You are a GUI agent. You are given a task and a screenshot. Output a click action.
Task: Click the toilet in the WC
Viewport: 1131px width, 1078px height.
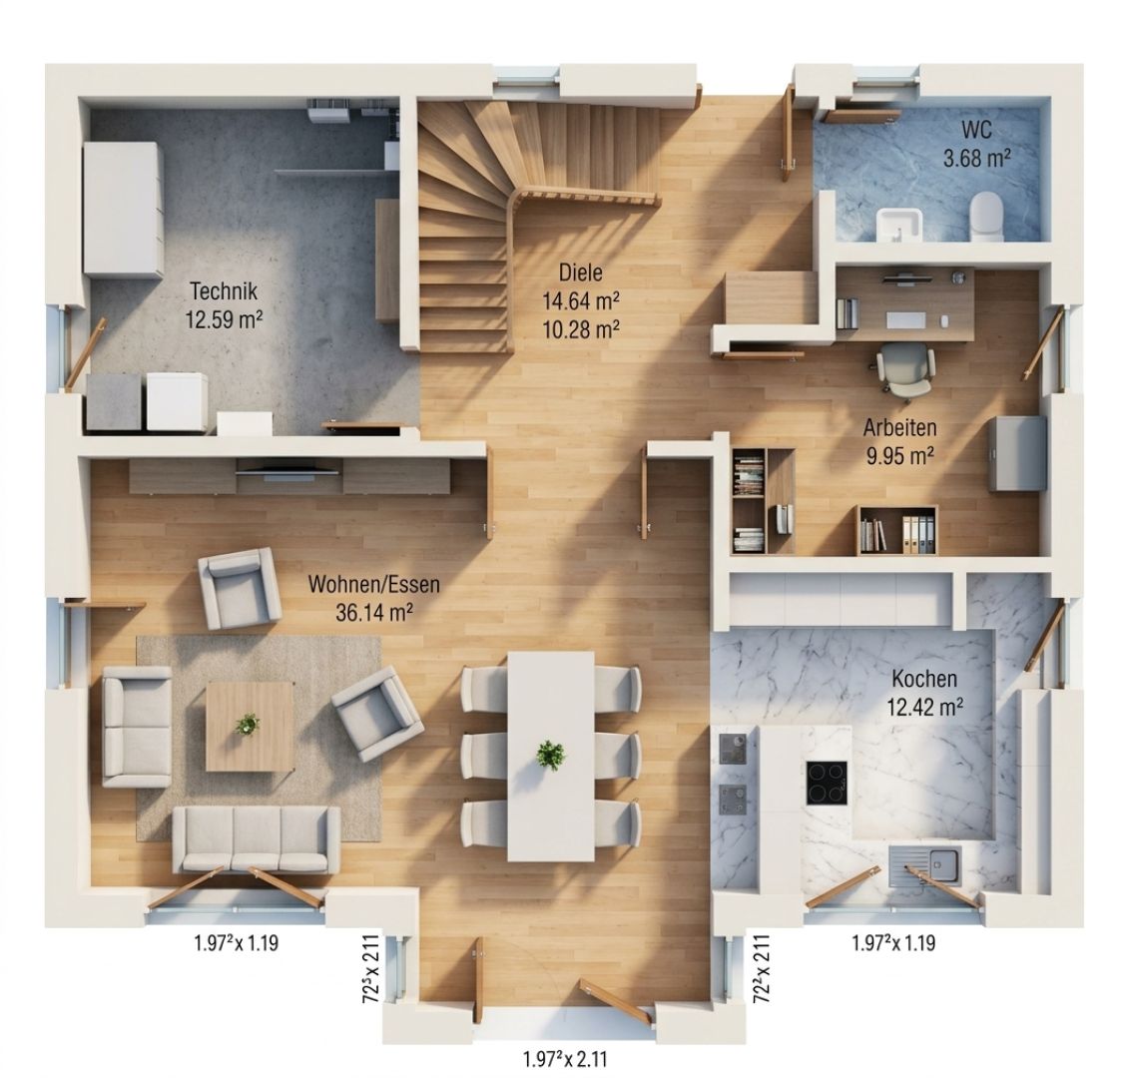click(x=986, y=217)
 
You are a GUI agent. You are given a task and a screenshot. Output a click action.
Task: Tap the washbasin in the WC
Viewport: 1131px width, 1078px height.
click(x=900, y=224)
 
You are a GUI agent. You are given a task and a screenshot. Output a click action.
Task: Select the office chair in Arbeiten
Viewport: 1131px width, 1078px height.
click(x=906, y=369)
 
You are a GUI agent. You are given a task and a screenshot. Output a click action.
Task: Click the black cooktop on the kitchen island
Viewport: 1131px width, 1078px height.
click(x=827, y=782)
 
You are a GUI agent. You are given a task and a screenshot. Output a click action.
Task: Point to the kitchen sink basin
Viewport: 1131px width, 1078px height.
click(x=943, y=863)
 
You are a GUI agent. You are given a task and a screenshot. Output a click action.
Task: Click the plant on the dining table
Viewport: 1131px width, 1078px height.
click(x=552, y=755)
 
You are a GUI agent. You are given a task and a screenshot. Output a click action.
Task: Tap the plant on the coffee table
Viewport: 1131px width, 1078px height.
click(x=248, y=724)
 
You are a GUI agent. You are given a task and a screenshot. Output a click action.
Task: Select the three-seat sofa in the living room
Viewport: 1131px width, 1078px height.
click(x=257, y=839)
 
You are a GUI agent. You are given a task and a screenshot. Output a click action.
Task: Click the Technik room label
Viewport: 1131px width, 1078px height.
click(x=224, y=291)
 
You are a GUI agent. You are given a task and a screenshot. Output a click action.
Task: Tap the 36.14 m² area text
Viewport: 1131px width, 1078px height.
click(x=374, y=612)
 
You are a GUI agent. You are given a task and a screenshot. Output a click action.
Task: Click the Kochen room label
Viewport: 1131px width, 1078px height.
click(x=924, y=679)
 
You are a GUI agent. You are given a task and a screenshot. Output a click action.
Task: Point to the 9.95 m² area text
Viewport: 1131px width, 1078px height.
click(x=900, y=456)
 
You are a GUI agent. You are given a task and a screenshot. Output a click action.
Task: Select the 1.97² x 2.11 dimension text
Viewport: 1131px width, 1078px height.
click(x=565, y=1059)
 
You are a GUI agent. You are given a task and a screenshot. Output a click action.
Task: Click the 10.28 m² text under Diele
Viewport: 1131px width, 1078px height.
click(x=581, y=329)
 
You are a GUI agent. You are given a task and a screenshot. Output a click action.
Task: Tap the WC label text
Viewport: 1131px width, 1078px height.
click(x=976, y=130)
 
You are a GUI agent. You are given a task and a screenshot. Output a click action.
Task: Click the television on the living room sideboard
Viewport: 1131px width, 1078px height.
click(x=287, y=471)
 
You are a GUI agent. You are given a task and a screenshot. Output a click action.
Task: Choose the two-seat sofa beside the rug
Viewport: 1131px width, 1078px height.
click(x=137, y=726)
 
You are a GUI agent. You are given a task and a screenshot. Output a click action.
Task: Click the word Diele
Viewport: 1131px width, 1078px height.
click(x=580, y=272)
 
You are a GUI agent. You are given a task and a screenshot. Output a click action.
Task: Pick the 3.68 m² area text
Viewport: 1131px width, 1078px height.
click(x=976, y=157)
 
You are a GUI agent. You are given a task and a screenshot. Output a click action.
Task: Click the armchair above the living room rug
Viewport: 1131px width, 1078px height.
click(x=239, y=588)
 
